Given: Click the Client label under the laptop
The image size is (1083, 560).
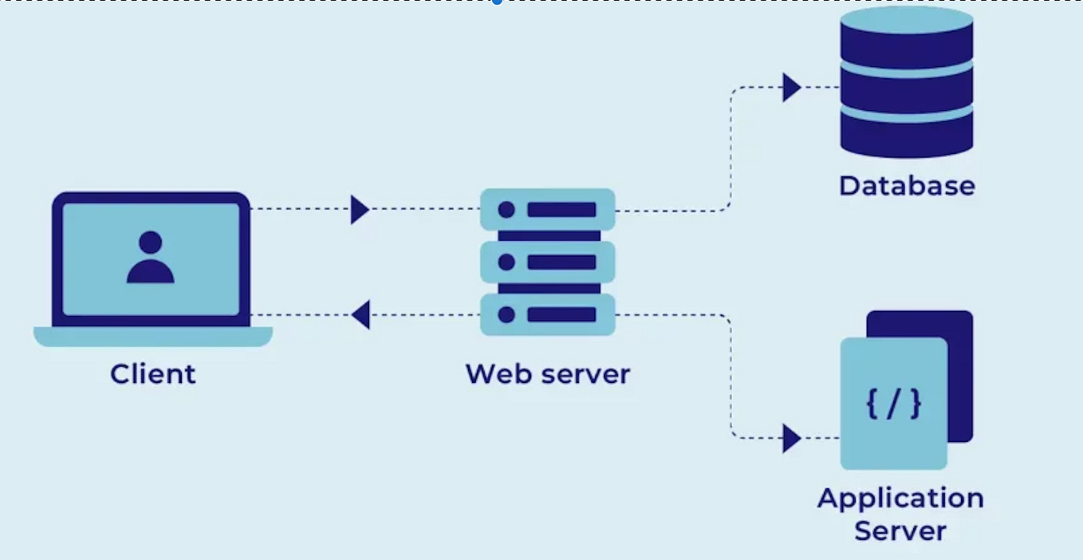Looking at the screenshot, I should (153, 373).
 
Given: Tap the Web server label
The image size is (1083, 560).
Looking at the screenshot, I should (547, 373).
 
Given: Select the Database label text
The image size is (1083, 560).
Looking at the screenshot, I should (907, 186).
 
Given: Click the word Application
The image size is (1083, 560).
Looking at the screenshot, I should (900, 499).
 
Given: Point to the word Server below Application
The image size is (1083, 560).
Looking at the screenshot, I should (900, 531).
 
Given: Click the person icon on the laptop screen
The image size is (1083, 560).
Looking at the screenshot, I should (150, 258).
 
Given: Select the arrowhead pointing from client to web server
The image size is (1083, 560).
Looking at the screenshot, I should (360, 210).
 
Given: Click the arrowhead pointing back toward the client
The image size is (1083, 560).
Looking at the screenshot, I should (360, 314).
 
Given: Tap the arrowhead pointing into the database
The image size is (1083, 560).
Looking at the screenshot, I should (790, 87).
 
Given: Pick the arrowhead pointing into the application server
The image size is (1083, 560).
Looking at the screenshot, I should (790, 438).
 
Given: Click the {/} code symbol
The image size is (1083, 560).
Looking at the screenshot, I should (893, 404).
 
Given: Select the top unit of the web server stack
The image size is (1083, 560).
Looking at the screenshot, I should (547, 210).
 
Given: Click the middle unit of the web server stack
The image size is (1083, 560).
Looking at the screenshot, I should (547, 262).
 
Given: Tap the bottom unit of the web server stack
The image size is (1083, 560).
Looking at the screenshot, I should (547, 314).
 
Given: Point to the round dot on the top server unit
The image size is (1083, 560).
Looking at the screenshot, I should (506, 210).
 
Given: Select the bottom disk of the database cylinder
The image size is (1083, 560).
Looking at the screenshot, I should (907, 137).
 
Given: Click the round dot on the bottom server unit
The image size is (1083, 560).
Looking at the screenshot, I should (506, 314).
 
